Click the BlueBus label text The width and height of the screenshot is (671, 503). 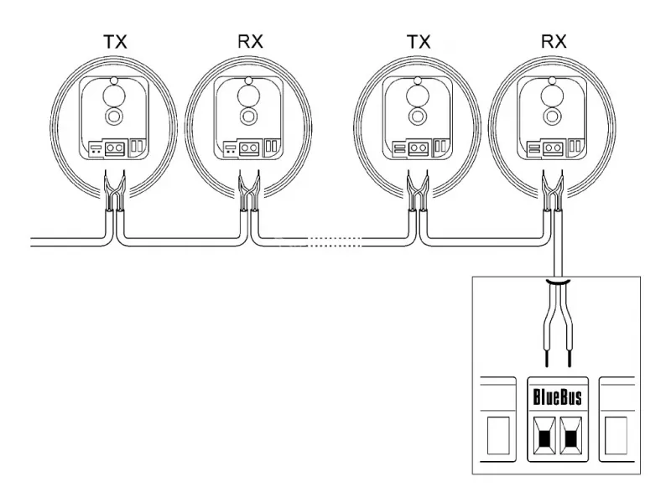pyautogui.click(x=557, y=397)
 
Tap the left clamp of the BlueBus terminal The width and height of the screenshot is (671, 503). pyautogui.click(x=544, y=438)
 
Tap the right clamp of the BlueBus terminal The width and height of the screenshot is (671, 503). pyautogui.click(x=571, y=438)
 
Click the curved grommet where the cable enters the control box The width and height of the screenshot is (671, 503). pyautogui.click(x=558, y=282)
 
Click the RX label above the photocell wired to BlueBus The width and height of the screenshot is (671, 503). pyautogui.click(x=554, y=41)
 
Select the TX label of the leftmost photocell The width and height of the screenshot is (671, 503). pyautogui.click(x=116, y=42)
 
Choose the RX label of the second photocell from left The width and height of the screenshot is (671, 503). pyautogui.click(x=250, y=41)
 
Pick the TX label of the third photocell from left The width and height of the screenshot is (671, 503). pyautogui.click(x=419, y=42)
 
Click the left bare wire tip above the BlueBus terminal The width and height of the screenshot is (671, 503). pyautogui.click(x=547, y=359)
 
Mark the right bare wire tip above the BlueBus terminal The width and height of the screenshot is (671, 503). pyautogui.click(x=570, y=359)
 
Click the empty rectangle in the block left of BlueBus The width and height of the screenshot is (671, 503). pyautogui.click(x=498, y=435)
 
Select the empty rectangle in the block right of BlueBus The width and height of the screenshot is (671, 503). pyautogui.click(x=616, y=435)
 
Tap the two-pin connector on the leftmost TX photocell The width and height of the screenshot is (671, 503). pyautogui.click(x=115, y=148)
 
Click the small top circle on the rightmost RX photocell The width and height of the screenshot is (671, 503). pyautogui.click(x=552, y=80)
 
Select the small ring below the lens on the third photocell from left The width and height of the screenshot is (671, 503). pyautogui.click(x=417, y=116)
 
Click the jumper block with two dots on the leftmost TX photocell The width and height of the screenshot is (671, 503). pyautogui.click(x=95, y=149)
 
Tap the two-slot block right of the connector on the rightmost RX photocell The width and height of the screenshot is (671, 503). pyautogui.click(x=575, y=146)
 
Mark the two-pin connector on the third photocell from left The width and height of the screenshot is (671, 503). pyautogui.click(x=418, y=148)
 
